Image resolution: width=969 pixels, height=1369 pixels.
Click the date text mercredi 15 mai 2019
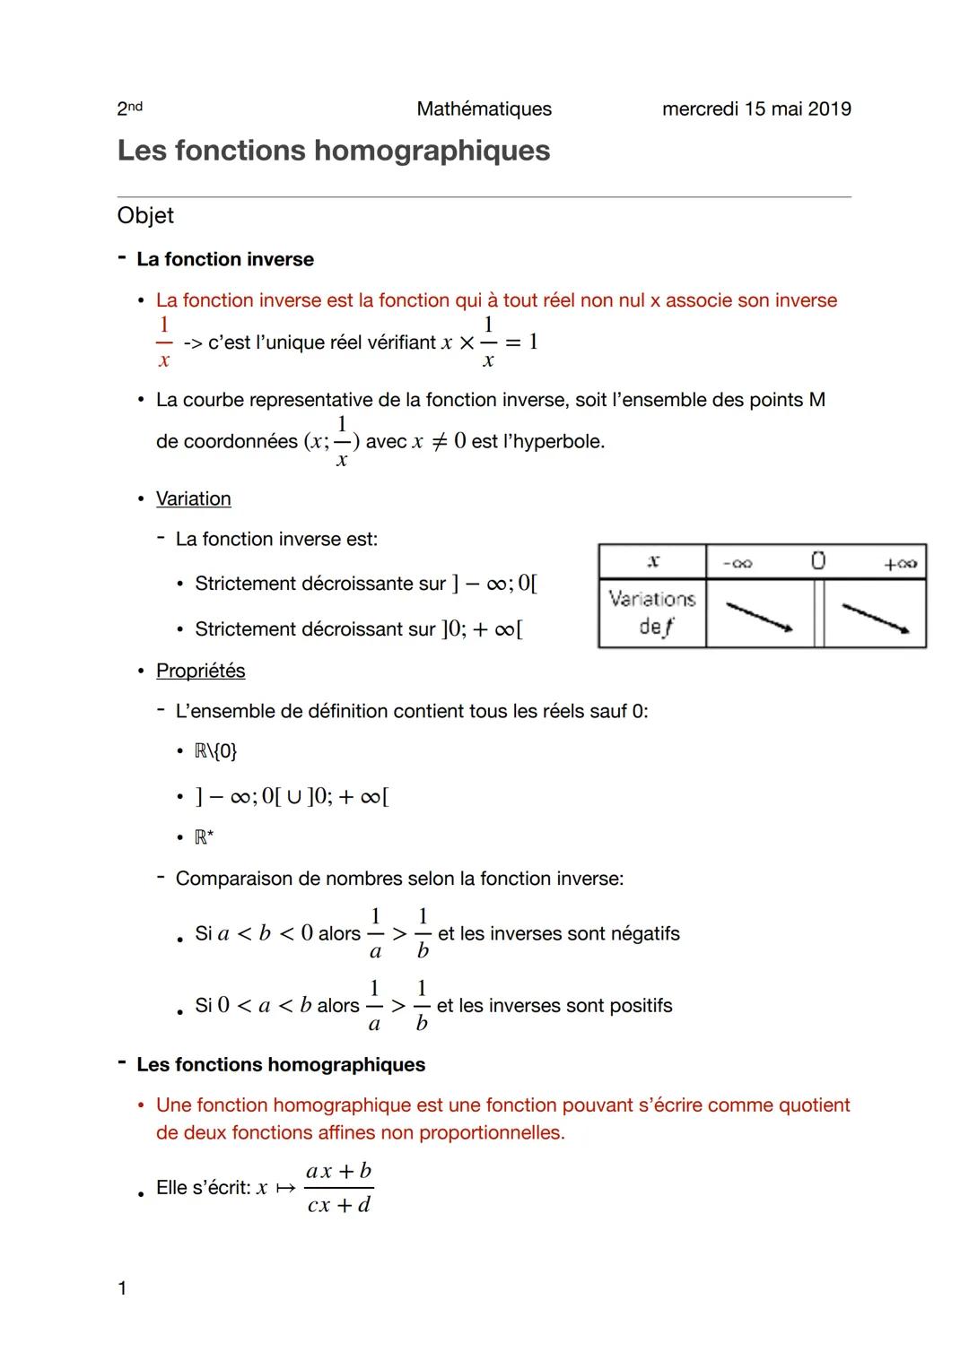point(756,109)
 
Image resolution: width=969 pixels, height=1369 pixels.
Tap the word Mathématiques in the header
point(484,109)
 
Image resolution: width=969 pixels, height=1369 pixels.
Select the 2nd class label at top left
point(129,108)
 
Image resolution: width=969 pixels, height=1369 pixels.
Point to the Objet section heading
point(145,216)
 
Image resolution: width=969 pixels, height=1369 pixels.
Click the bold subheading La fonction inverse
point(225,260)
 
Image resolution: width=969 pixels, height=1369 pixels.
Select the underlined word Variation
point(194,499)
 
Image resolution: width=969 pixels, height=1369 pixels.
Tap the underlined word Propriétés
point(200,672)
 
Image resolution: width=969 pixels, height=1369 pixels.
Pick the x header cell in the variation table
point(652,561)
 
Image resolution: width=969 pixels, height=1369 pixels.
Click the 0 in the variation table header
point(817,561)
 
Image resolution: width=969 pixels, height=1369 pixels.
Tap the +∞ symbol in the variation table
point(899,564)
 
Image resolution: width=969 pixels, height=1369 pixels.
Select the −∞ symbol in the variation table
point(738,564)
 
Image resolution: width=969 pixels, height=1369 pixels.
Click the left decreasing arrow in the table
point(759,617)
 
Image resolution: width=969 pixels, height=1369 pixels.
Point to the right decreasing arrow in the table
point(876,617)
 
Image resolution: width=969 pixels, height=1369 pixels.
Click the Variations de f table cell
point(652,613)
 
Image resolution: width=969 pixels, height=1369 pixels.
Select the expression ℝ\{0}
point(215,751)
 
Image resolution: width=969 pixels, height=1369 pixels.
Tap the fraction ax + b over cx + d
point(338,1188)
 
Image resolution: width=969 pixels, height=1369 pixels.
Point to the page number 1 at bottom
point(122,1289)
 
